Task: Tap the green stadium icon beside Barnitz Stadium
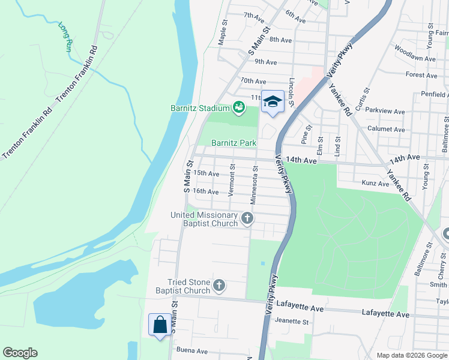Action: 239,107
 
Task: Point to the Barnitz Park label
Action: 234,143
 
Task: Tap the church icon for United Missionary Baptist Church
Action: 247,219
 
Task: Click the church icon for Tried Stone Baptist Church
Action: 219,286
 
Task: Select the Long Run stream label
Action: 65,37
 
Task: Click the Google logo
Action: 20,353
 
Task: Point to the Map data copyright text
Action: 411,355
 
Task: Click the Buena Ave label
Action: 191,350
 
